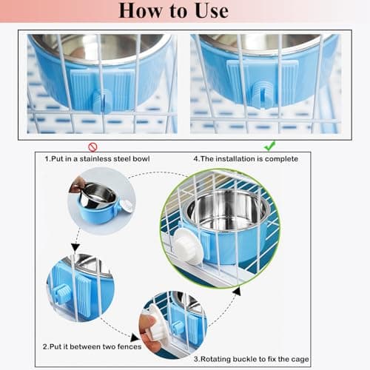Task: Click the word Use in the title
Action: tap(212, 11)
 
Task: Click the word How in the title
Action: tap(140, 11)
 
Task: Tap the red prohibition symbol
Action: tap(92, 147)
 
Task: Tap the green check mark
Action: tap(269, 146)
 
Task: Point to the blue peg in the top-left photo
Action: tap(102, 101)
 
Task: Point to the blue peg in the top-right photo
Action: tap(262, 95)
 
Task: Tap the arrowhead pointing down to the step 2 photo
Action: tap(75, 247)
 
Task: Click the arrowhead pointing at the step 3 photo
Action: tap(135, 337)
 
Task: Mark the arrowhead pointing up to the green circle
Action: tap(237, 292)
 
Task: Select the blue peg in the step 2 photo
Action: tap(61, 292)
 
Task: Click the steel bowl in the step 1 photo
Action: tap(98, 195)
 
